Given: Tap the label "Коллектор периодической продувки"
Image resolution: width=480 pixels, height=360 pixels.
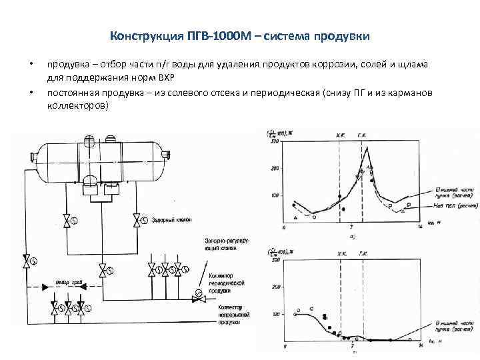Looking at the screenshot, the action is pyautogui.click(x=227, y=283).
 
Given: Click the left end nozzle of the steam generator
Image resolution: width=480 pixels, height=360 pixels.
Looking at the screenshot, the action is pyautogui.click(x=30, y=157).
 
